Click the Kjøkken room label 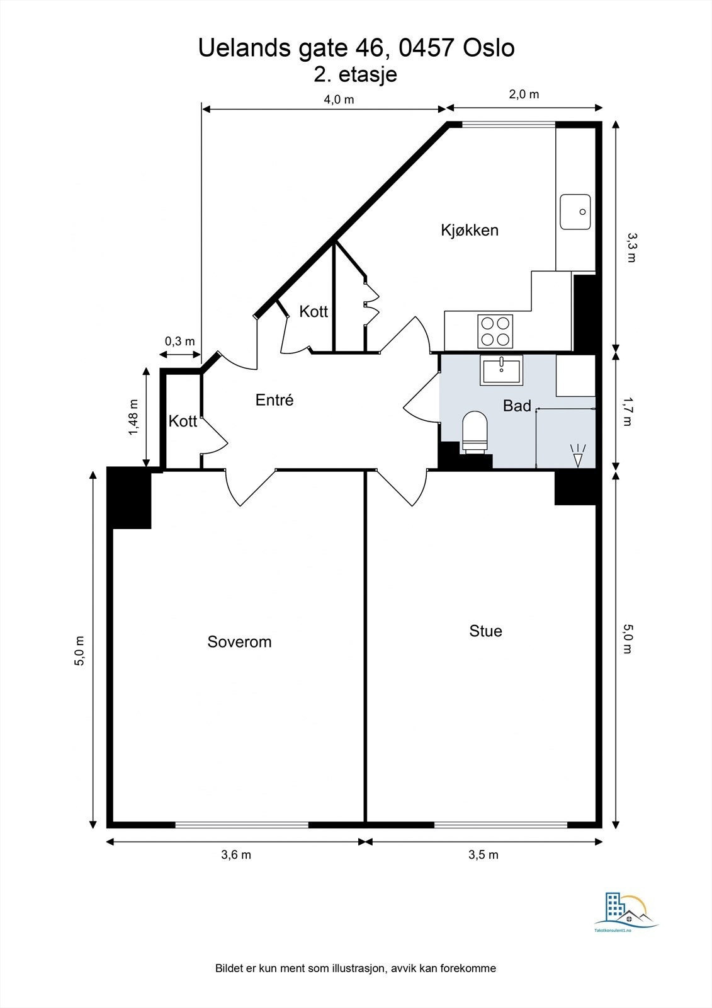470,231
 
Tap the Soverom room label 239,642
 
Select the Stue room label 486,631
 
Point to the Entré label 274,399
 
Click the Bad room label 517,406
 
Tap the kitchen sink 575,212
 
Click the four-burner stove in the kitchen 495,331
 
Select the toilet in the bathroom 475,432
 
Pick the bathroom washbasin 502,370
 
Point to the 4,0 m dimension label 339,100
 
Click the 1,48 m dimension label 134,417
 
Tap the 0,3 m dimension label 179,341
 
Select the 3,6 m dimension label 236,854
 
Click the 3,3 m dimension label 632,248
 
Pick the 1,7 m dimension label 628,411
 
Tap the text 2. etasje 355,74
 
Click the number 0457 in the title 426,48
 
